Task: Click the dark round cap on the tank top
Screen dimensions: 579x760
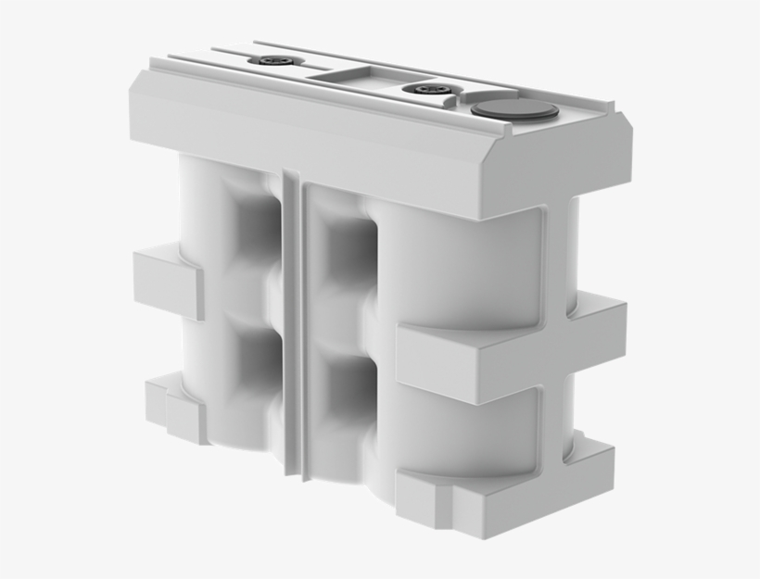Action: [514, 111]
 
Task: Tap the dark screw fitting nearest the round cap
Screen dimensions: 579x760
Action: [431, 89]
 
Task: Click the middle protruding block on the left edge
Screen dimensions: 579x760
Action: [167, 281]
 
